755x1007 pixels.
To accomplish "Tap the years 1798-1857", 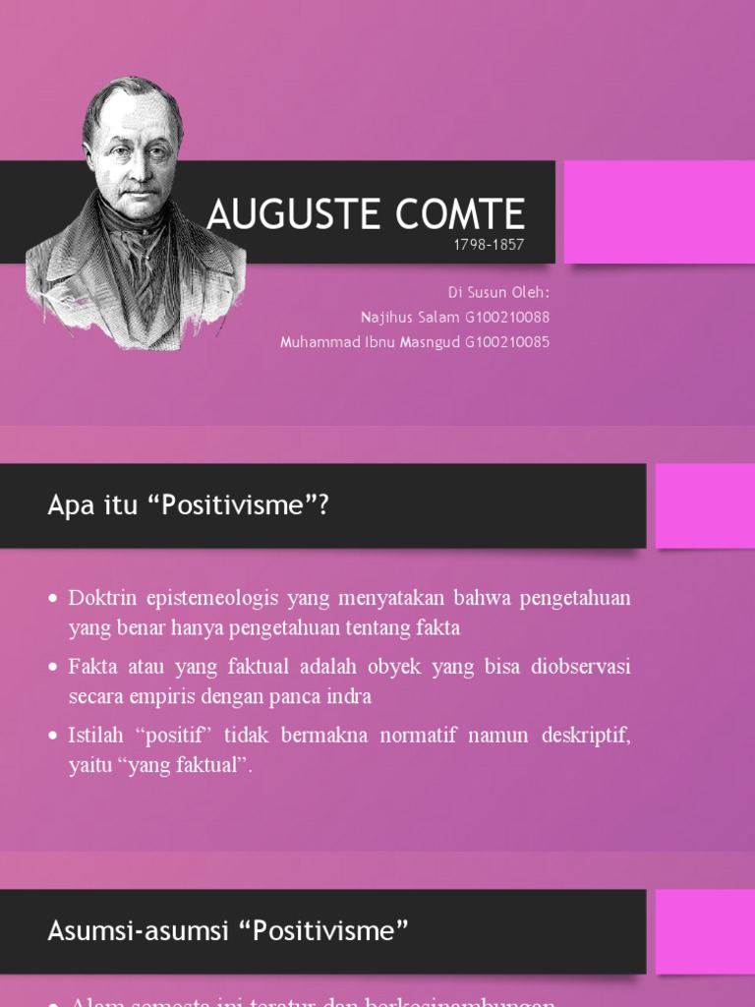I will point(489,246).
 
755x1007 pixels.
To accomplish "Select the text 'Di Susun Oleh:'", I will point(498,293).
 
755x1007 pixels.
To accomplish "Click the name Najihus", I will point(386,318).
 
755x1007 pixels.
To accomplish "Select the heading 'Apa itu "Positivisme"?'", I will point(188,505).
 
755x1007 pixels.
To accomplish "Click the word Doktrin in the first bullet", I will point(101,598).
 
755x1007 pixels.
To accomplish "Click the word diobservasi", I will point(580,667).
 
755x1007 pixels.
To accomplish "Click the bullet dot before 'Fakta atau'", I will point(54,668).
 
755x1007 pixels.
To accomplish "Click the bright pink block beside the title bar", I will point(659,212).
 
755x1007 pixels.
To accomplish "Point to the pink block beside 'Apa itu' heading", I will point(705,505).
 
